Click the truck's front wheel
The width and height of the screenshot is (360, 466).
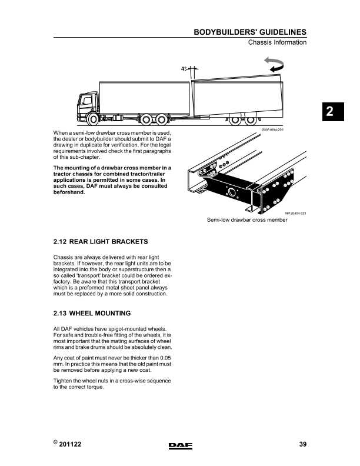pos(92,118)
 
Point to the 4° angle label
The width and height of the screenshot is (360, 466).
pos(184,69)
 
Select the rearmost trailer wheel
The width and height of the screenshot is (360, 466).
pos(251,119)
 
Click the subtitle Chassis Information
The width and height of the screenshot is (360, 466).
pos(277,42)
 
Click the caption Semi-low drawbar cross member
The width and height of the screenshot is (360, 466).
pos(246,219)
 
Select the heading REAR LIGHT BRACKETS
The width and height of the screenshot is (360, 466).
pos(109,242)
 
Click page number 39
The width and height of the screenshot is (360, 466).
pos(302,445)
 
